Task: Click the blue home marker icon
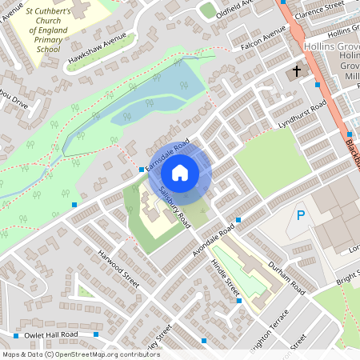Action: coord(180,173)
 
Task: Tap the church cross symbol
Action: coord(297,71)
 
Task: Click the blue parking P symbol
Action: coord(301,215)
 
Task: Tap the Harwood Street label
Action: coord(118,268)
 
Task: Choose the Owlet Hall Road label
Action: coord(51,334)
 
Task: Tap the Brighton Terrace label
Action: coord(263,326)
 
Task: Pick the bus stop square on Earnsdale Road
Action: coord(142,170)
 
